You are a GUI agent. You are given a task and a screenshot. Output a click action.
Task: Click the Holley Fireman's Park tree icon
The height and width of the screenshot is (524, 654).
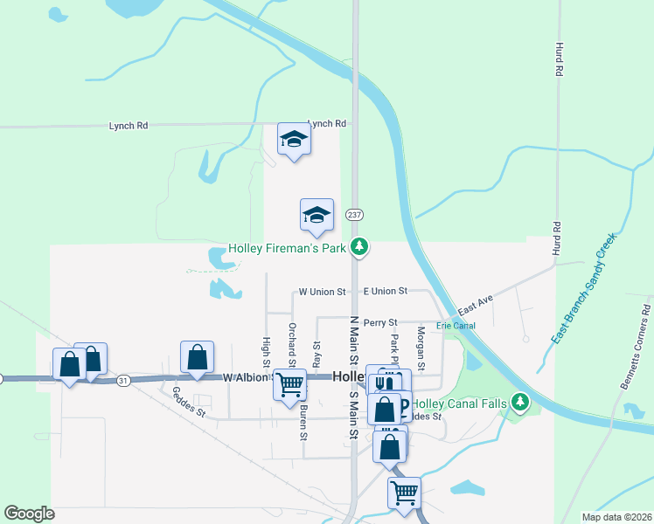tap(358, 248)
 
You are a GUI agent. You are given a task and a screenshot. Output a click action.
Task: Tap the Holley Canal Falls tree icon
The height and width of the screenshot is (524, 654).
tap(521, 403)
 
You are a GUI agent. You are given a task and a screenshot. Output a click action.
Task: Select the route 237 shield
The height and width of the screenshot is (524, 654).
tap(354, 215)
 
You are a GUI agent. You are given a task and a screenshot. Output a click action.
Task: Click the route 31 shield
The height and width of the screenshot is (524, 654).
tap(123, 380)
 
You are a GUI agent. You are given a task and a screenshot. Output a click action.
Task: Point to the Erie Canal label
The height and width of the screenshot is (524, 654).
tap(456, 326)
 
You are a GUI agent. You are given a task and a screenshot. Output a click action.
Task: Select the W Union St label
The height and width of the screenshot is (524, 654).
tap(323, 291)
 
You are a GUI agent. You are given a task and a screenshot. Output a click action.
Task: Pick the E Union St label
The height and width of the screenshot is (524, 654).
tap(386, 291)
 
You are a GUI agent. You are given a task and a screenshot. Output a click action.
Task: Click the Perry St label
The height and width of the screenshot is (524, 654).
tap(381, 323)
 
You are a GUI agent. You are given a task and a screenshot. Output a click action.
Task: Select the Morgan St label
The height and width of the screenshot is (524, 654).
tap(421, 345)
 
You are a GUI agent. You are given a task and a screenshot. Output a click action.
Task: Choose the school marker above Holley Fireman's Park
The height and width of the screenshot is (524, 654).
tap(317, 216)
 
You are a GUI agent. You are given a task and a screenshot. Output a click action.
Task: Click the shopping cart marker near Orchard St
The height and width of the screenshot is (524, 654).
tap(289, 385)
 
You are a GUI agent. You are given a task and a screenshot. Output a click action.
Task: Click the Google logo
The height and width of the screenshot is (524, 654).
tap(30, 513)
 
